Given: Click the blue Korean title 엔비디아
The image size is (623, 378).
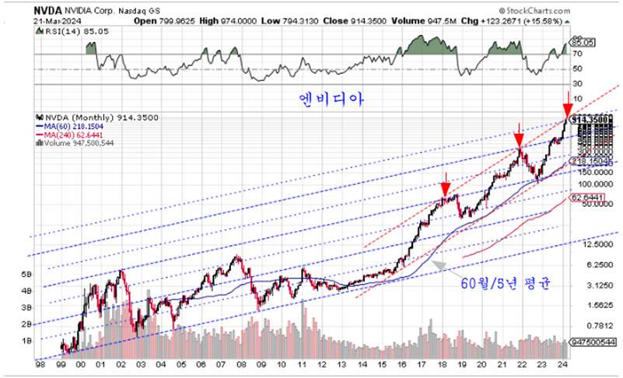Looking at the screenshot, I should tap(332, 100).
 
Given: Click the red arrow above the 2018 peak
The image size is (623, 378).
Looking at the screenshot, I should tap(444, 189).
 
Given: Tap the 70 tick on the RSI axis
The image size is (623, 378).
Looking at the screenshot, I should tap(577, 55).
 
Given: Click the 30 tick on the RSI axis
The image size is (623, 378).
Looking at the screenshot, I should tap(577, 82).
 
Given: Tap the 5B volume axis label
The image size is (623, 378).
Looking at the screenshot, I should tap(48, 275).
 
